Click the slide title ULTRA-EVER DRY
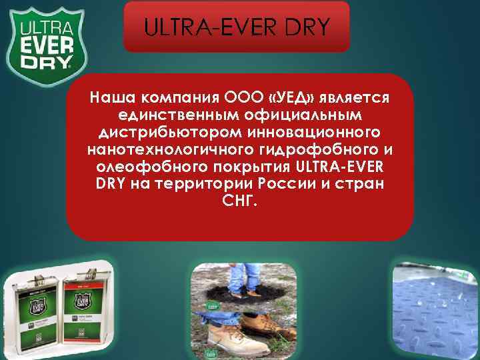click(x=237, y=27)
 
